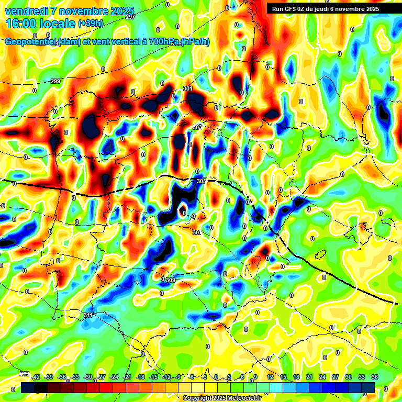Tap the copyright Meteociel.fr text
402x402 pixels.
222,398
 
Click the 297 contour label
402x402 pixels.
130,17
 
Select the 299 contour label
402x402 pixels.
56,81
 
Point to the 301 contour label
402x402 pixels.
188,88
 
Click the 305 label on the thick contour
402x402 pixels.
201,181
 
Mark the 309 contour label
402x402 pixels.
171,281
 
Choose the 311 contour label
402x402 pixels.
88,315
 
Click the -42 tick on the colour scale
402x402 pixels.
36,377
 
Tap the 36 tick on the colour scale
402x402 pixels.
375,377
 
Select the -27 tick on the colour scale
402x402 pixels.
101,377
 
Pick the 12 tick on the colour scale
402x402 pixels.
270,377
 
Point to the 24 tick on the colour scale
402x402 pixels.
322,377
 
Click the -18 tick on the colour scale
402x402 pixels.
140,377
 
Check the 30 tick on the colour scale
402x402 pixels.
349,377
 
